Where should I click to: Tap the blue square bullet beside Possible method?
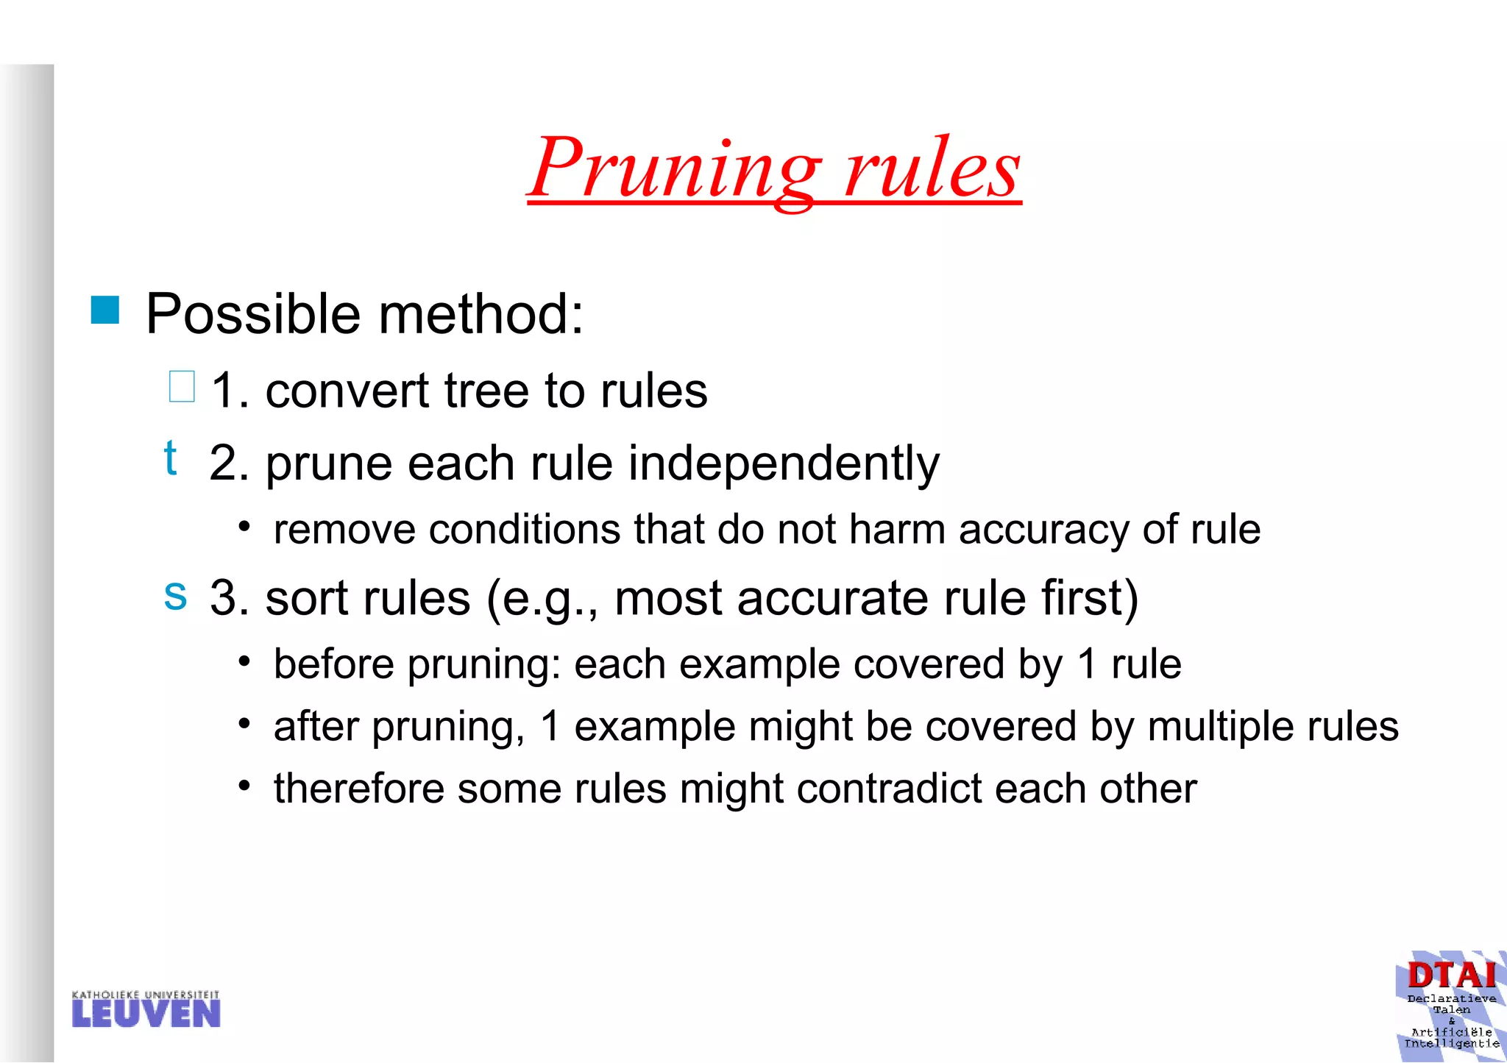105,310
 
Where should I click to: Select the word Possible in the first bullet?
254,314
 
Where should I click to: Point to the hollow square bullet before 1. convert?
182,387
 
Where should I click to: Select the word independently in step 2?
783,464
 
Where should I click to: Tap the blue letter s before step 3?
175,594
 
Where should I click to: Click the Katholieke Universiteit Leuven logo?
146,1009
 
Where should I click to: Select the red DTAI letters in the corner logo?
1451,976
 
